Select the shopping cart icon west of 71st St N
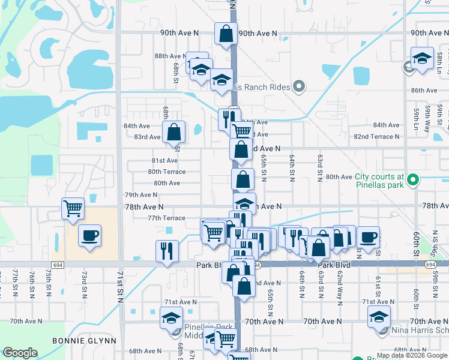click(x=73, y=209)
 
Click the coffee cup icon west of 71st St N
click(x=89, y=236)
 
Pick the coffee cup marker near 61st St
click(x=368, y=236)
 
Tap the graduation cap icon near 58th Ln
click(x=422, y=59)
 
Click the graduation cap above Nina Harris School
click(x=379, y=317)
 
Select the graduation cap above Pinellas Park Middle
click(x=171, y=317)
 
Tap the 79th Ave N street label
click(x=140, y=195)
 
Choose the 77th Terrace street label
click(x=166, y=218)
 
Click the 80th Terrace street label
click(x=167, y=172)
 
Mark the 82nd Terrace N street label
click(x=376, y=137)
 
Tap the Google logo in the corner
click(x=20, y=353)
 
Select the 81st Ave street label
click(x=164, y=161)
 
